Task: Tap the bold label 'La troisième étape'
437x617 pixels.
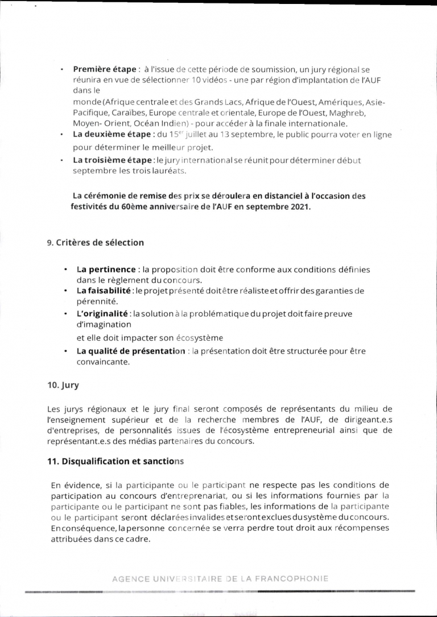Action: (112, 160)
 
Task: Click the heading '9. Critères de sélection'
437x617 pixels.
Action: (96, 243)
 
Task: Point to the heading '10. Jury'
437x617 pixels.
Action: (63, 385)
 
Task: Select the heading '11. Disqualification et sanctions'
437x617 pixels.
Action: (116, 462)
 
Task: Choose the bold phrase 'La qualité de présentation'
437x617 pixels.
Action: (131, 351)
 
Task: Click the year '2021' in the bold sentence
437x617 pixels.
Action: (298, 206)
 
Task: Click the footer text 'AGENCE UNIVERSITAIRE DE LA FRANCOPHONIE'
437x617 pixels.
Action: (220, 579)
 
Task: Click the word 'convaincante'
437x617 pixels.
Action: (104, 362)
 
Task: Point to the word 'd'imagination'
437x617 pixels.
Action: (104, 324)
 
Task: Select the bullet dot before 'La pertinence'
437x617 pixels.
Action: (67, 269)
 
